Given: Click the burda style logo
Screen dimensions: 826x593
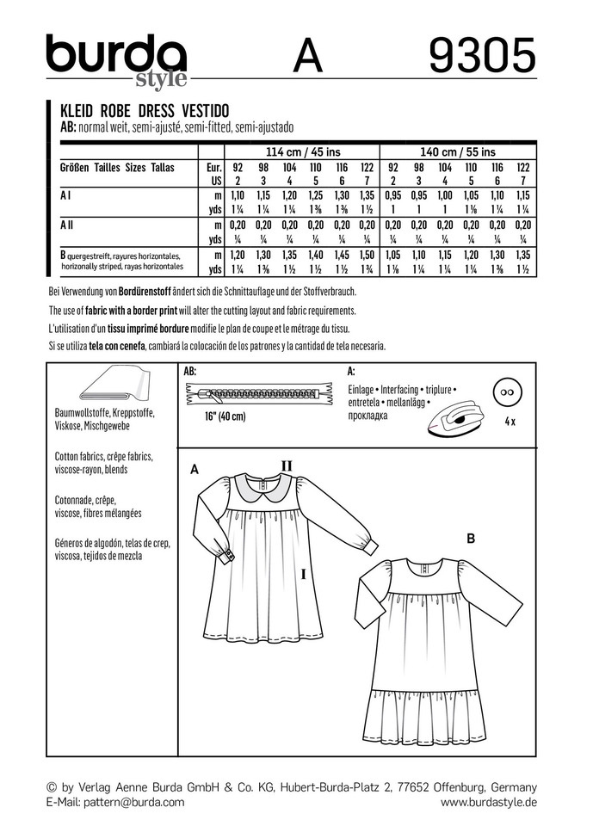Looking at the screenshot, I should pyautogui.click(x=116, y=59).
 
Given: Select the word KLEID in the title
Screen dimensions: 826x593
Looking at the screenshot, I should pyautogui.click(x=77, y=113).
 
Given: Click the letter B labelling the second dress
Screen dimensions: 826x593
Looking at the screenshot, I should pyautogui.click(x=471, y=539).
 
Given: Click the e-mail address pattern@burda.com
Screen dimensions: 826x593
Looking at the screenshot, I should pyautogui.click(x=133, y=802).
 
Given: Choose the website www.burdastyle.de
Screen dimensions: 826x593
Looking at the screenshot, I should pyautogui.click(x=488, y=802).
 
